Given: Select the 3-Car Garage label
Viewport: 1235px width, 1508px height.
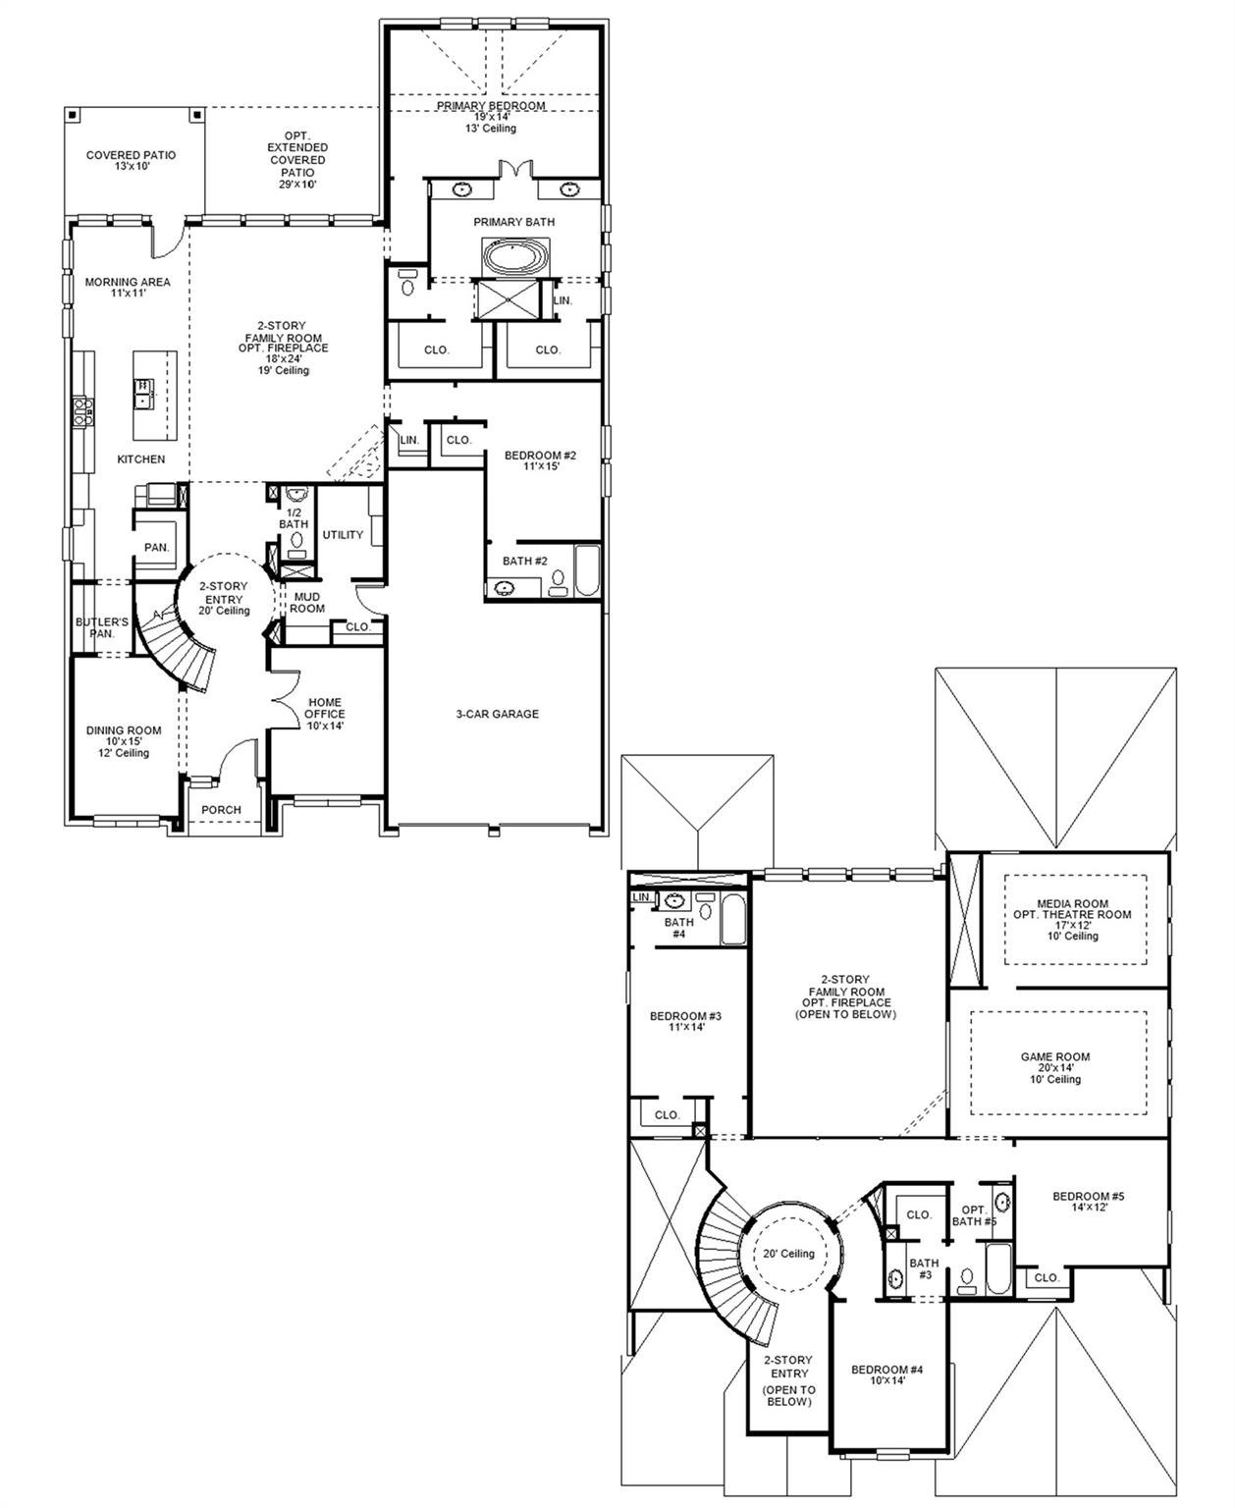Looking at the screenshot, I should coord(497,714).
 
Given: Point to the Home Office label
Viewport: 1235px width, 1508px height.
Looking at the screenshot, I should coord(325,714).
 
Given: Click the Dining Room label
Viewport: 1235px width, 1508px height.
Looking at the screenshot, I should coord(124,730).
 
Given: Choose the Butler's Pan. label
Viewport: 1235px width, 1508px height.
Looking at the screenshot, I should coord(102,627).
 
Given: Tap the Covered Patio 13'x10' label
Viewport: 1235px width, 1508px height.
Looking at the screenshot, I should coord(131,161).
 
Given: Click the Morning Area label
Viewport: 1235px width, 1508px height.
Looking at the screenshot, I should coord(128,287).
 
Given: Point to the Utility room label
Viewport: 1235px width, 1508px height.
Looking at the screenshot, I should coord(343,535).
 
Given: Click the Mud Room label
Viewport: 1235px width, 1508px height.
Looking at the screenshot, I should coord(307,602).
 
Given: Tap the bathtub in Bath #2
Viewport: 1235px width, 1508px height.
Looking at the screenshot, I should coord(586,571).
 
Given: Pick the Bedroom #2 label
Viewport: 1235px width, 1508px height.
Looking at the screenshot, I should coord(540,460).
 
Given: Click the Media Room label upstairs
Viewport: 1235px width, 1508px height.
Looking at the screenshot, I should coord(1072,909).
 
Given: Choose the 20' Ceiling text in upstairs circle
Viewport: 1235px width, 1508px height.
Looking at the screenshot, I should coord(789,1254).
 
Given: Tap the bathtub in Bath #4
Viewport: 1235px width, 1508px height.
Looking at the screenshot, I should coord(733,919).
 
